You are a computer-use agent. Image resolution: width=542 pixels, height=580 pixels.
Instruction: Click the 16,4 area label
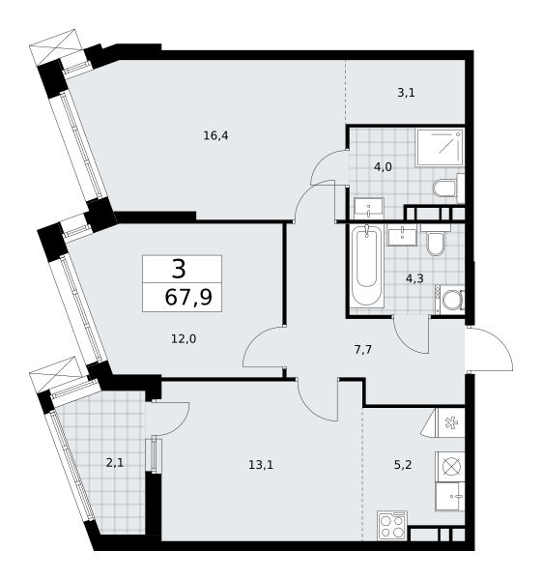click(215, 136)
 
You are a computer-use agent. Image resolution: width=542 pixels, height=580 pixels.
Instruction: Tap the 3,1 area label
click(407, 93)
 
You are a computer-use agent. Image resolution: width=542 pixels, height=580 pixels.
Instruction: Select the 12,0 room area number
click(184, 339)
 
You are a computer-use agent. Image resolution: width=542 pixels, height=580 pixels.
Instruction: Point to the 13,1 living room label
click(261, 465)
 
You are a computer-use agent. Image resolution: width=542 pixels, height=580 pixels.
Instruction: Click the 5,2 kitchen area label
click(403, 465)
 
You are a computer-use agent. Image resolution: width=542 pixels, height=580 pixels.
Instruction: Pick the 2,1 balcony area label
click(115, 463)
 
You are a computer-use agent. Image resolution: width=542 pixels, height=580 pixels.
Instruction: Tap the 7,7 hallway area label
click(363, 350)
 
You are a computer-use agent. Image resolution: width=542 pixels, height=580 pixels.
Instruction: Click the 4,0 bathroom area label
click(383, 167)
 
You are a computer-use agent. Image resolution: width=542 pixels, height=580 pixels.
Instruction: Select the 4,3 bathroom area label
click(414, 278)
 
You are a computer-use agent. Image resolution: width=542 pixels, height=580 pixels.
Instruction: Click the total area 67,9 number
click(188, 297)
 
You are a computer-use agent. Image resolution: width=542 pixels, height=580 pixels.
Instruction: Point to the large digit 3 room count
click(179, 269)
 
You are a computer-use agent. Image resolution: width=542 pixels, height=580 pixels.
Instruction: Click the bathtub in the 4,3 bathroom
click(366, 265)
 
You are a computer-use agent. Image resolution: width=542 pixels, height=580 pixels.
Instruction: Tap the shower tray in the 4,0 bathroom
click(440, 147)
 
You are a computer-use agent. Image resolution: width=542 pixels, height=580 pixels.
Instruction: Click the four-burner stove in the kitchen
click(392, 527)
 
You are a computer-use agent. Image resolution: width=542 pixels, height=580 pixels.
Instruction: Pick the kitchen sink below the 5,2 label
click(449, 497)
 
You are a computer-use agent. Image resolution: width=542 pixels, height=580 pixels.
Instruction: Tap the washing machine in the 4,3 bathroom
click(450, 300)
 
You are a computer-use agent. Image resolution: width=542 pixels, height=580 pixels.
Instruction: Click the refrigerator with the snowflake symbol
click(450, 422)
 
